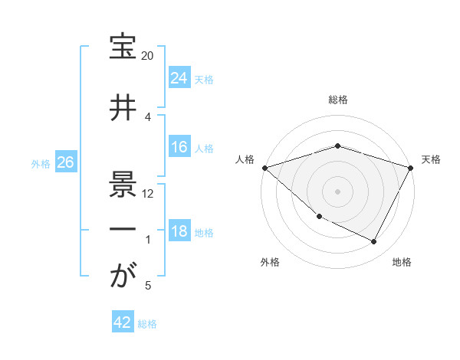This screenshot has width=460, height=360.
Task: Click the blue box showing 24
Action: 179,78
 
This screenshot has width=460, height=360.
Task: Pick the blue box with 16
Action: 179,147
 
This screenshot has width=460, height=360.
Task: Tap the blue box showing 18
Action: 179,231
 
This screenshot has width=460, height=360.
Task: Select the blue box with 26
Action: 65,162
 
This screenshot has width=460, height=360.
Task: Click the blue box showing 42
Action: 123,322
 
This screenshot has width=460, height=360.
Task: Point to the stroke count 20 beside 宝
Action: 148,57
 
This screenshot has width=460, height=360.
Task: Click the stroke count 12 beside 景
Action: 148,194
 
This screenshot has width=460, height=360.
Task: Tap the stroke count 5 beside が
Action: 148,286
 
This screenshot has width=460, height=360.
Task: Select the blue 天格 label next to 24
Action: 204,79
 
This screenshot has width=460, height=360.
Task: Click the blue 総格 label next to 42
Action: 147,323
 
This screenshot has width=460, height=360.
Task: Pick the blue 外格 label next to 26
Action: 41,163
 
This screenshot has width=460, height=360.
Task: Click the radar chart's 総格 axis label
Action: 337,100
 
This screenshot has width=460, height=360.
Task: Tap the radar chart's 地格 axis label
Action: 402,262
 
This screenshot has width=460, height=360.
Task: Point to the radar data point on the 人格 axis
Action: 264,167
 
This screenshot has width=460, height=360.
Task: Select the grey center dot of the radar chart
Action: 337,191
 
